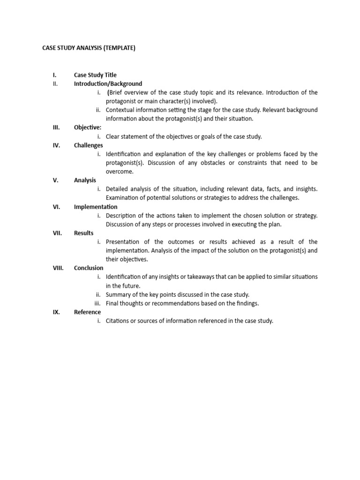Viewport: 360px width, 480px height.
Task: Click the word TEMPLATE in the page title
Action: (x=120, y=48)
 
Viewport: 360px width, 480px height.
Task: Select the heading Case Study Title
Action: (x=95, y=75)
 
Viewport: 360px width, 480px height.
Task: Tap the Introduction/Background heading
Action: (x=108, y=84)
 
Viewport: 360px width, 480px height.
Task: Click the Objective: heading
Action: (x=87, y=127)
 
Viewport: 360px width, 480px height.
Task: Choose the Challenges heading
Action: (x=88, y=145)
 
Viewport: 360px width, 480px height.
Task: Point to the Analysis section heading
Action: (x=85, y=180)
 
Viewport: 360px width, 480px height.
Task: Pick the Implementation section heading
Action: (x=96, y=207)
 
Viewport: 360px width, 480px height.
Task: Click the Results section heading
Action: (x=83, y=233)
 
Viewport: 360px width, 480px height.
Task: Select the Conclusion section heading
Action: (x=89, y=268)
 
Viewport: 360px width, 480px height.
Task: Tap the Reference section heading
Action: (x=87, y=312)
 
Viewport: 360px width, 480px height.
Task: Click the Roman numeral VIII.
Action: (x=58, y=268)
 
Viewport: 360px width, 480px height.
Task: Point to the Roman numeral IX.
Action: (x=56, y=312)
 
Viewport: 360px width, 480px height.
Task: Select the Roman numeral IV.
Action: (x=56, y=145)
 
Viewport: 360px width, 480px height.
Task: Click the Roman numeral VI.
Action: (x=56, y=207)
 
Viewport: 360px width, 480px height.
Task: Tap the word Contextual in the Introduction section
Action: (x=120, y=110)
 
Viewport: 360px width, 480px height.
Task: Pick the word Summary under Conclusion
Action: (x=119, y=295)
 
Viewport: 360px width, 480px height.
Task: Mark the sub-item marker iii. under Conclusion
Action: (x=97, y=303)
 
